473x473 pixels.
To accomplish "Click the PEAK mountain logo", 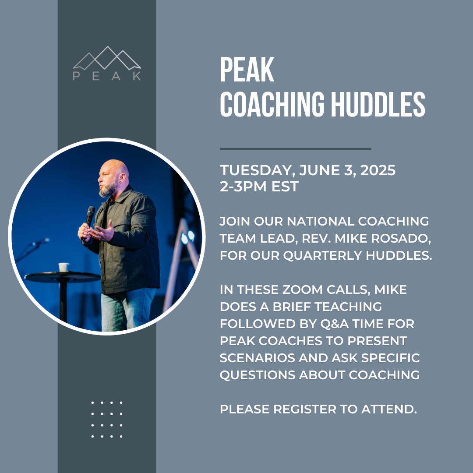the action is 107,64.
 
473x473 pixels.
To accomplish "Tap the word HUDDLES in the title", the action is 378,104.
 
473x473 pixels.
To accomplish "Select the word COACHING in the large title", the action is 272,104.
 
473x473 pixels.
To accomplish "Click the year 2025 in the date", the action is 378,170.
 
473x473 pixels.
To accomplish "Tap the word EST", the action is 285,187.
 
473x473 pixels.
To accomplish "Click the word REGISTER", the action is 305,409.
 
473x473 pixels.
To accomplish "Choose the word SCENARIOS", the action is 258,358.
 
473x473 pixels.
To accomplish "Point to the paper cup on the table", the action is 64,267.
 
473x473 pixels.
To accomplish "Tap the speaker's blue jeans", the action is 127,310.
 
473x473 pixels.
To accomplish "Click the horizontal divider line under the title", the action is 295,149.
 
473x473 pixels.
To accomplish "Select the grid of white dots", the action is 107,419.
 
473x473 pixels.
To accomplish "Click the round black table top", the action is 63,277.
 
